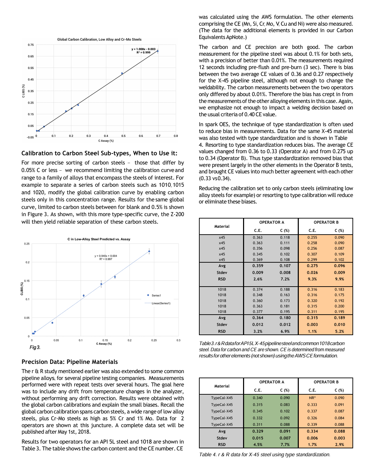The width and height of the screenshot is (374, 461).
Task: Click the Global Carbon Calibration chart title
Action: [99, 39]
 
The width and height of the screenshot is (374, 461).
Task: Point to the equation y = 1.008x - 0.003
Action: [143, 49]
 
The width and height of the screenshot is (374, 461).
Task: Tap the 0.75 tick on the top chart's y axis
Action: [31, 45]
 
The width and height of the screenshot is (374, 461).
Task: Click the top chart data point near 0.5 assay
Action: [122, 73]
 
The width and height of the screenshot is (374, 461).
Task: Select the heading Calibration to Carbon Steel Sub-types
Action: [99, 153]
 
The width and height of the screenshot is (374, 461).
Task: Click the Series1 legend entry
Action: [156, 295]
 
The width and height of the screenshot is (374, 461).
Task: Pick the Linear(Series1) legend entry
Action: [161, 303]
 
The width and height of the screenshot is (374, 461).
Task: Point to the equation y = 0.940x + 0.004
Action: [106, 256]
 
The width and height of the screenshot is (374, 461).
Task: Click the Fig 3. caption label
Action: [35, 347]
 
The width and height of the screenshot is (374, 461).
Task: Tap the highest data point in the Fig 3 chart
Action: [149, 251]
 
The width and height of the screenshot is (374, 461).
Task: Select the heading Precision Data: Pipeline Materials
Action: [69, 362]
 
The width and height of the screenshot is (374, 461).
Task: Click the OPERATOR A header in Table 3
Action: [271, 222]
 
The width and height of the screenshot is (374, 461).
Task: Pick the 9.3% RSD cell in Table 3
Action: [312, 279]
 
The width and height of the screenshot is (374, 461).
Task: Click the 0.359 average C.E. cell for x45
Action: [258, 266]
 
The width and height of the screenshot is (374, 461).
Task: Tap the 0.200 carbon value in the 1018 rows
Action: [339, 306]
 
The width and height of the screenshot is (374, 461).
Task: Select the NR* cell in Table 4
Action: [312, 398]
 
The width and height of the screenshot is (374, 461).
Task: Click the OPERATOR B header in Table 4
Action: [326, 382]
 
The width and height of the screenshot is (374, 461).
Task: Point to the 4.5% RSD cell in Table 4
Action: [258, 445]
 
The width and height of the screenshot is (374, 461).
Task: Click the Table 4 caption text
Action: [265, 455]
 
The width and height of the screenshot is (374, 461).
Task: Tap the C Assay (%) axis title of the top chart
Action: [106, 141]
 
